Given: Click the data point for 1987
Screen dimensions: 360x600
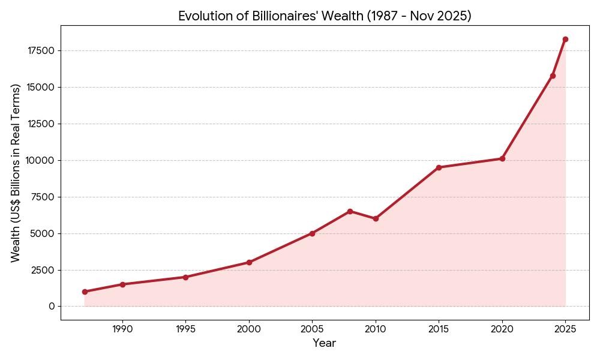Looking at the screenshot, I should [x=85, y=292].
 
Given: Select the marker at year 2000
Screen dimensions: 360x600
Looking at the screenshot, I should [x=249, y=262].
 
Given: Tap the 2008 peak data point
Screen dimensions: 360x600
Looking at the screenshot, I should [x=350, y=211].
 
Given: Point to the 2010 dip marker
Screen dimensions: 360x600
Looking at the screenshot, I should [x=376, y=218].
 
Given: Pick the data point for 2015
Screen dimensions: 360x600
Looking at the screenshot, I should [x=439, y=167].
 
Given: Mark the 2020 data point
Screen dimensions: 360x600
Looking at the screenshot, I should [x=502, y=158].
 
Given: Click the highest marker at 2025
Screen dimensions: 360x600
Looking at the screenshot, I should [x=565, y=39].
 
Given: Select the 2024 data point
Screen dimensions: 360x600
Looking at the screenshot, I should [x=553, y=76].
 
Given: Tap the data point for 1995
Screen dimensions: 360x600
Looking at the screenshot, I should [x=185, y=277].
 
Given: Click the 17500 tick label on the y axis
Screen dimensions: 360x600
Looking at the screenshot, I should [x=41, y=51].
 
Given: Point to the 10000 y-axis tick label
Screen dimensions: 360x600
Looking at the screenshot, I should [x=41, y=161].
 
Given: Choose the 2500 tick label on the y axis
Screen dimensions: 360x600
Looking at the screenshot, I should [x=43, y=270].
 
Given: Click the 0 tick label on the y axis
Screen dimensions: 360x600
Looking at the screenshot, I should [x=52, y=307].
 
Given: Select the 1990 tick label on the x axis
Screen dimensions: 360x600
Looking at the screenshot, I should [x=122, y=329].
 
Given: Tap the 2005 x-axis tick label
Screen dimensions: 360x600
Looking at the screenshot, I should [x=312, y=329].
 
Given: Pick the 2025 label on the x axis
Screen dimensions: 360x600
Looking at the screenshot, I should [x=565, y=329].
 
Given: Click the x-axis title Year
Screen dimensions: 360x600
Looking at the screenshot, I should [x=324, y=343].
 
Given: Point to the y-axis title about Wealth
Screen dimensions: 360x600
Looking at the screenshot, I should [x=16, y=173].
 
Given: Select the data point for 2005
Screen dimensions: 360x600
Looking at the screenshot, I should [x=312, y=233].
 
